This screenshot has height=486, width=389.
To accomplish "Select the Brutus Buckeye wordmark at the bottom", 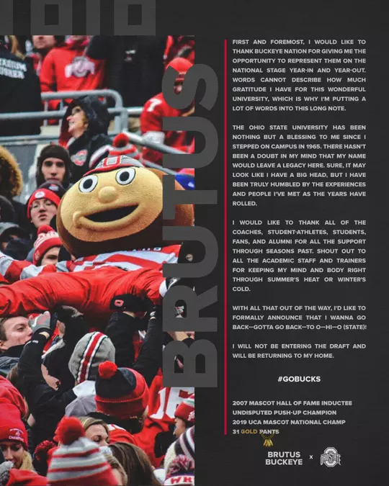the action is click(284, 459).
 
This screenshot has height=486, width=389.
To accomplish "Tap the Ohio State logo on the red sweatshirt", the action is click(80, 67).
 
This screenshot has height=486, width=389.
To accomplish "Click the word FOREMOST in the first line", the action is click(285, 42).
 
